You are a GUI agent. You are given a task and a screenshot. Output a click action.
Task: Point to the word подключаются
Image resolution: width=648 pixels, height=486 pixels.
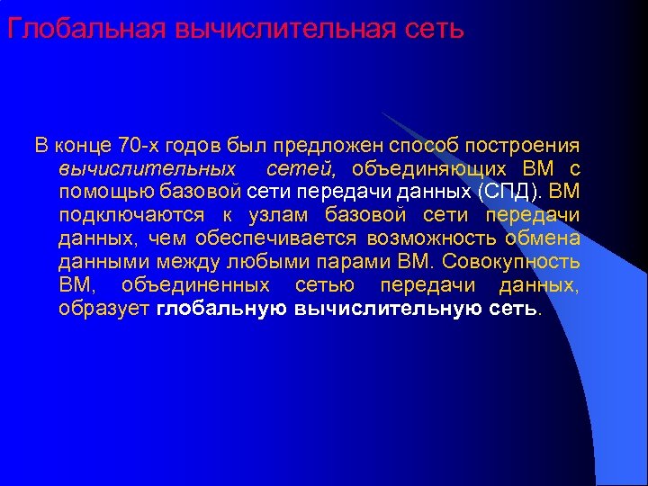point(124,215)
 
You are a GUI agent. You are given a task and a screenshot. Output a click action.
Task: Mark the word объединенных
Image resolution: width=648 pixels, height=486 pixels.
point(194,285)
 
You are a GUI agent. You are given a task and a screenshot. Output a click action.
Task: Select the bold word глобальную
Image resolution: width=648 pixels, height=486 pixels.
point(220,309)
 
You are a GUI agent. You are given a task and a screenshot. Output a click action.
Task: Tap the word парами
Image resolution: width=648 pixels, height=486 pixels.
point(355,262)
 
